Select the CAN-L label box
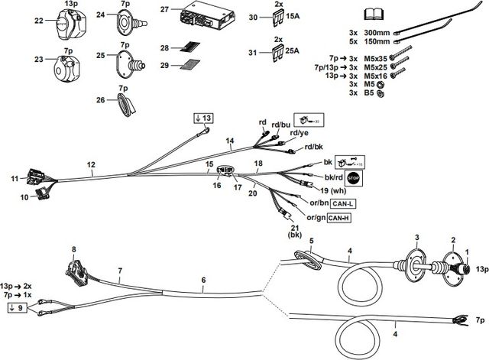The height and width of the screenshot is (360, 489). (x=342, y=204)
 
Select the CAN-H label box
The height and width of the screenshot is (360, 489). (x=342, y=219)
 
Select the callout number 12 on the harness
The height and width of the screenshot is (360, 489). (x=91, y=165)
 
